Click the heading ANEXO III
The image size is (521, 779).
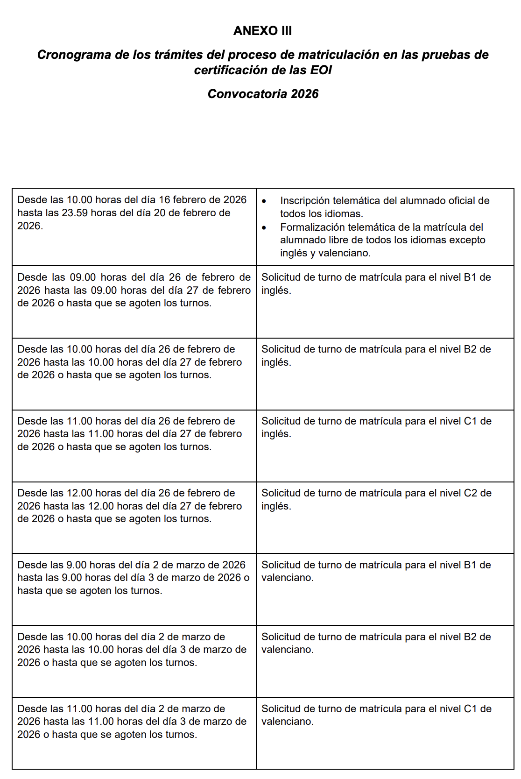(x=262, y=31)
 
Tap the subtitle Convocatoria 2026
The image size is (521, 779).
(x=263, y=94)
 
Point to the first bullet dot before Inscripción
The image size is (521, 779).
(x=265, y=201)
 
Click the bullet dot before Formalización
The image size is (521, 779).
(x=265, y=228)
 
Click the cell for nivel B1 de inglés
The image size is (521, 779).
(x=385, y=302)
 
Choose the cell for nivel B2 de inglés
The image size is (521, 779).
(x=385, y=374)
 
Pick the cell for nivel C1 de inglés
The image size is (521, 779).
(x=385, y=446)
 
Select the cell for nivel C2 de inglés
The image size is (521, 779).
(x=385, y=517)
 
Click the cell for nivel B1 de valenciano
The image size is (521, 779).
(x=385, y=589)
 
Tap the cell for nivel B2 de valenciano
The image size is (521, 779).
(x=385, y=661)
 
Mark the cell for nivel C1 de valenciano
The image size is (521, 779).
(x=385, y=733)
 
